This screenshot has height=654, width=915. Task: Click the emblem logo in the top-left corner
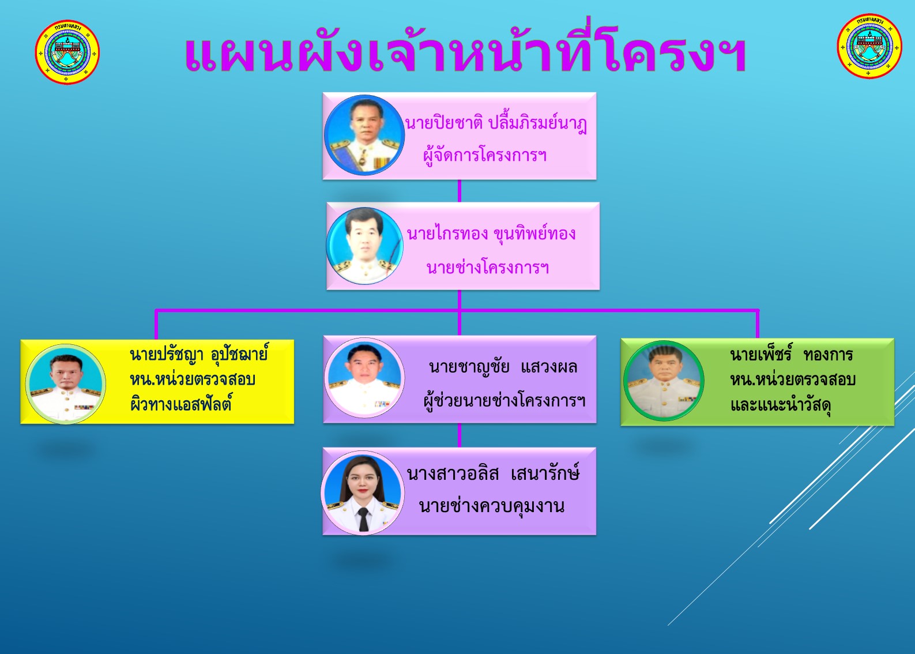point(67,52)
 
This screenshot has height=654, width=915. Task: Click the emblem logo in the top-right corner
point(869,46)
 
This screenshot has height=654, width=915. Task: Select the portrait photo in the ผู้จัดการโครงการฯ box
point(364,135)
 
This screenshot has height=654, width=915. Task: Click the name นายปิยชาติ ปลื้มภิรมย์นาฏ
point(496,122)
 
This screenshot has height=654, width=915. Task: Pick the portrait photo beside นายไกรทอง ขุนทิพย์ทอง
point(364,246)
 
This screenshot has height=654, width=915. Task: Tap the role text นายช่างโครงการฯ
point(487,268)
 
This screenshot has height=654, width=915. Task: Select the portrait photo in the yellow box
point(66,384)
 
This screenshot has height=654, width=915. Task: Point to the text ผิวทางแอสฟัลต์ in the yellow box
point(181,404)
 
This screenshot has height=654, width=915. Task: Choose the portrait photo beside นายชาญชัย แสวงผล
point(364,378)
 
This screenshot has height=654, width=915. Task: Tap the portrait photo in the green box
point(664,381)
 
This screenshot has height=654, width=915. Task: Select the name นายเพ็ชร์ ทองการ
point(791,354)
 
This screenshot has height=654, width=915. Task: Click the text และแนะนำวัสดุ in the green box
point(781,405)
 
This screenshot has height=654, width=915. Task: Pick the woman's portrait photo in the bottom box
point(363,493)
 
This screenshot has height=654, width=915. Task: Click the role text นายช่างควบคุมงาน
point(492,506)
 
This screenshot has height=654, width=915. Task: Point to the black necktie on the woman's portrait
point(363,519)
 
